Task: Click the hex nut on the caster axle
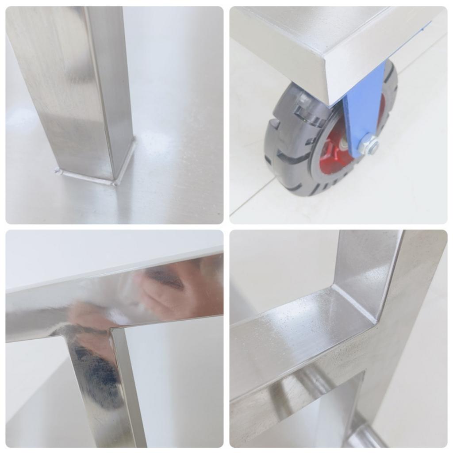369,145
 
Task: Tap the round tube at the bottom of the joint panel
363,436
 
